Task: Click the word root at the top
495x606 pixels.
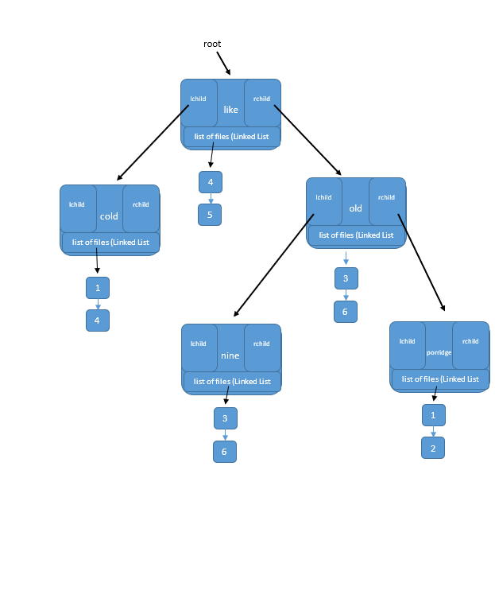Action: (x=212, y=45)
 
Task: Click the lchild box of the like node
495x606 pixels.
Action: (x=199, y=103)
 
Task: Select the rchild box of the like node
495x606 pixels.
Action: (x=262, y=103)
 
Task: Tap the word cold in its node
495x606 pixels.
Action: (x=109, y=216)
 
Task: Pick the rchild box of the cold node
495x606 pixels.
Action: (x=141, y=208)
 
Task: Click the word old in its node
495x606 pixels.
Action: (x=355, y=209)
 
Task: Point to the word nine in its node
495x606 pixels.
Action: (x=230, y=355)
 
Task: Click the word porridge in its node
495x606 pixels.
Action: (x=439, y=352)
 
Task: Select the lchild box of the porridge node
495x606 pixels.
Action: (x=408, y=345)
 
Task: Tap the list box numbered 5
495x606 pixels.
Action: (x=210, y=215)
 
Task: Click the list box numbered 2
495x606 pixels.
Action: (x=433, y=448)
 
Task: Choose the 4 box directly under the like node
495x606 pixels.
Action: (x=211, y=182)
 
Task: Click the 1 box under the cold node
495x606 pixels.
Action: (x=98, y=288)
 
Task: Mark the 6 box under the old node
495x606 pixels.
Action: (x=346, y=312)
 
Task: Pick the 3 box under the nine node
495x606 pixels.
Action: (x=226, y=418)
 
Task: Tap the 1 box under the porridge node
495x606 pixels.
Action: (x=433, y=415)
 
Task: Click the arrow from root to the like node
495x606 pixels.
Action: (x=223, y=63)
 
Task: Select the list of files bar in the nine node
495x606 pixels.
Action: (x=231, y=382)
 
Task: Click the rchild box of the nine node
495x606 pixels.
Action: (x=262, y=348)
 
